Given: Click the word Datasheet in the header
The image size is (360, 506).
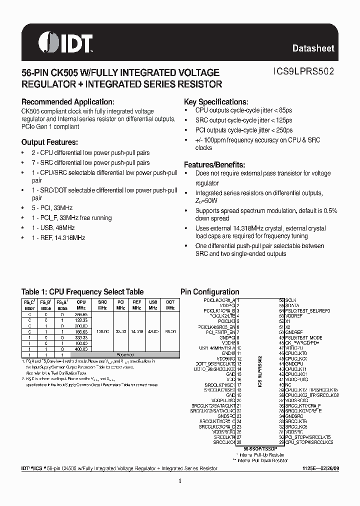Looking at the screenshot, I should [313, 48].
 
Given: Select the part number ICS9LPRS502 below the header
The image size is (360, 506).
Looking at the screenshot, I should [297, 72].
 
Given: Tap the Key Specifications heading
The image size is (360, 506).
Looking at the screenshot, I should [216, 101].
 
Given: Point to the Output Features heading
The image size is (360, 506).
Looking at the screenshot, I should [49, 142].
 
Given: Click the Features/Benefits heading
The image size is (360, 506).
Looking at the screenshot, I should [214, 164].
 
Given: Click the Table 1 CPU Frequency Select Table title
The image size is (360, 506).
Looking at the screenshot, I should [82, 292].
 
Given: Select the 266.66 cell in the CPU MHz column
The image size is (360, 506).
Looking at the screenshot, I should [81, 313].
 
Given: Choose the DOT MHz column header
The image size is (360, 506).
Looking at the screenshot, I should [170, 305].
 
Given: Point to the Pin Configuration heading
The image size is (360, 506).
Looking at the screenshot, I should [209, 292].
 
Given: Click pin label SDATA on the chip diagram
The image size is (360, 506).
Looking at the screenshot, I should [292, 305].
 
